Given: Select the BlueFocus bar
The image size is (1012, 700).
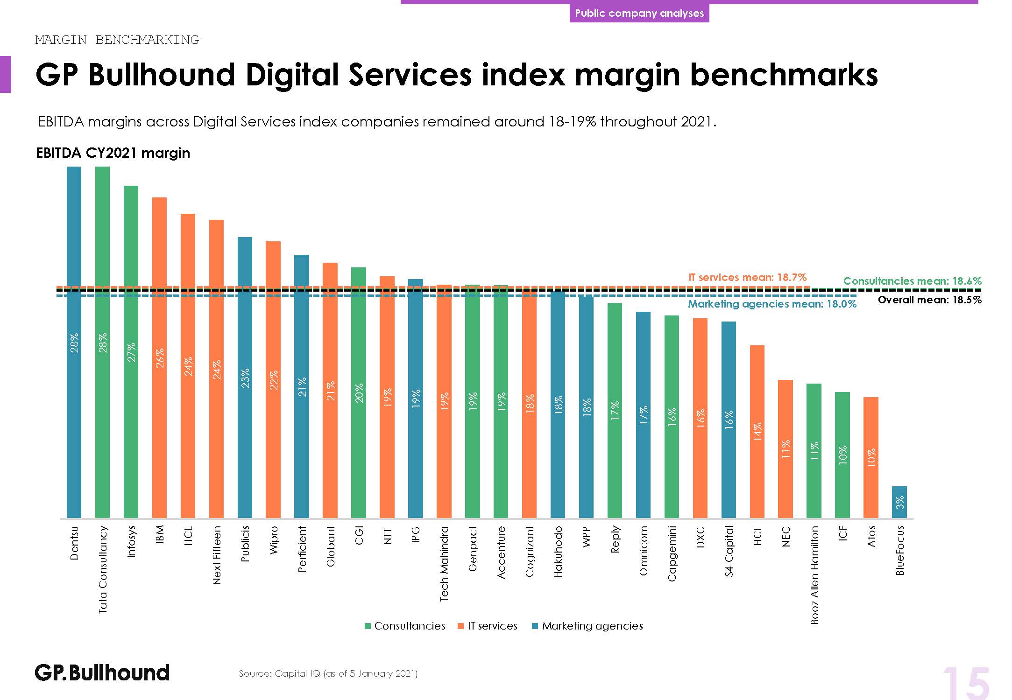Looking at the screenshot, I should click(899, 502).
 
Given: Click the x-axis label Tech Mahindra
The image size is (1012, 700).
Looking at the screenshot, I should click(444, 563).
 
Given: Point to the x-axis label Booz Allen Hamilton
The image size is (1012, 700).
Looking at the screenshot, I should click(814, 575).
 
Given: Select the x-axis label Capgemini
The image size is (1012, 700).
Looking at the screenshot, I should click(672, 553).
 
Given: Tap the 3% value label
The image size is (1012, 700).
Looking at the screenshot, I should click(899, 503).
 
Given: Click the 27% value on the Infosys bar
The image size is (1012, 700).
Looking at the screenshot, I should click(131, 352).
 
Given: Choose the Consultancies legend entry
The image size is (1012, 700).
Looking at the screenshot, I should click(405, 626).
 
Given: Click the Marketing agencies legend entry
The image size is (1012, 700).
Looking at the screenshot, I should click(587, 626).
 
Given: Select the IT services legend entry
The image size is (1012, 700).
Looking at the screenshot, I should click(488, 626).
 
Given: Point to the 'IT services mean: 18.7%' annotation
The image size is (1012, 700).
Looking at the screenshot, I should click(747, 277).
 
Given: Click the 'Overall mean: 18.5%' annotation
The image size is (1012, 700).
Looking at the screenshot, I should click(929, 300).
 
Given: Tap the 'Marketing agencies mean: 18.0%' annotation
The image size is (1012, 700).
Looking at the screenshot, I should click(772, 304).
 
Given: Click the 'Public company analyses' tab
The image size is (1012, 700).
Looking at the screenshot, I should click(639, 13).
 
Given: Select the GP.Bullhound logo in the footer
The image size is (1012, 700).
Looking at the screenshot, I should click(102, 673).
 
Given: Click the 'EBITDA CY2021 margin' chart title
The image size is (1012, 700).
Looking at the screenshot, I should click(113, 153).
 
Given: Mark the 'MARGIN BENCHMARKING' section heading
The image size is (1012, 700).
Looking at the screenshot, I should click(117, 40).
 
